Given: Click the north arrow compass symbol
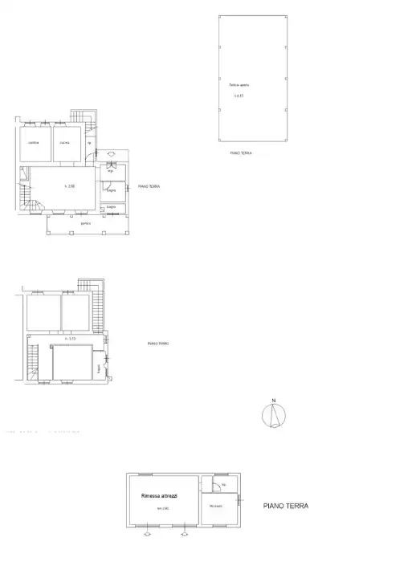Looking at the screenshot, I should coord(274,414).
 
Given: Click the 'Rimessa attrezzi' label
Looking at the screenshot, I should coord(159,496).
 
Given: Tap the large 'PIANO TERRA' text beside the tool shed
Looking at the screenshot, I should coord(286,507).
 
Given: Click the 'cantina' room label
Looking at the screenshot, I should coord(33,143).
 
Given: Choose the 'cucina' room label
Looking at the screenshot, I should coord(65,143).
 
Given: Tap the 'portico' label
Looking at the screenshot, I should coord(85,223).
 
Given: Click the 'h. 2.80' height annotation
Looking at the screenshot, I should coord(70,186).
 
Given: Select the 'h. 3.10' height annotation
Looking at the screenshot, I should coord(71,339).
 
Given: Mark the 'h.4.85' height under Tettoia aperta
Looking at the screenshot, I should coord(238,96).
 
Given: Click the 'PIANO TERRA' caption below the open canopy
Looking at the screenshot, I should coord(240,152).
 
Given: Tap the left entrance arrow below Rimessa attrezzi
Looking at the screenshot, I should coord(147,532).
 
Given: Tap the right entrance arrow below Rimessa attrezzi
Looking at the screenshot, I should coord(185,532).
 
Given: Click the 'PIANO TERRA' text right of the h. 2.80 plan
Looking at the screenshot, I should coord(149,186).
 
